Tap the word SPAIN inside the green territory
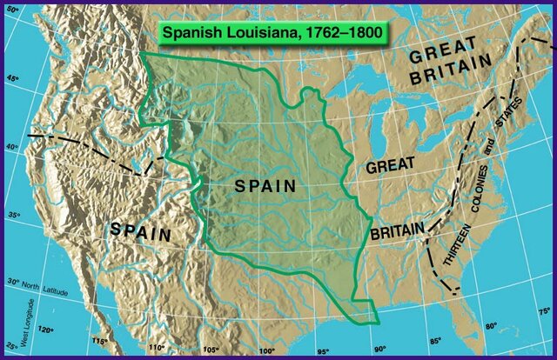coord(265,185)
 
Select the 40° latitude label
coord(13,147)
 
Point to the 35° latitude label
coord(13,215)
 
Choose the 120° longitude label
coord(44,330)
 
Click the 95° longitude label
coord(323,351)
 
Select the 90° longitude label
coord(379,349)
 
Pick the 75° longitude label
coord(543,311)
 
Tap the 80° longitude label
coord(490,327)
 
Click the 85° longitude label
coord(435,340)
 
